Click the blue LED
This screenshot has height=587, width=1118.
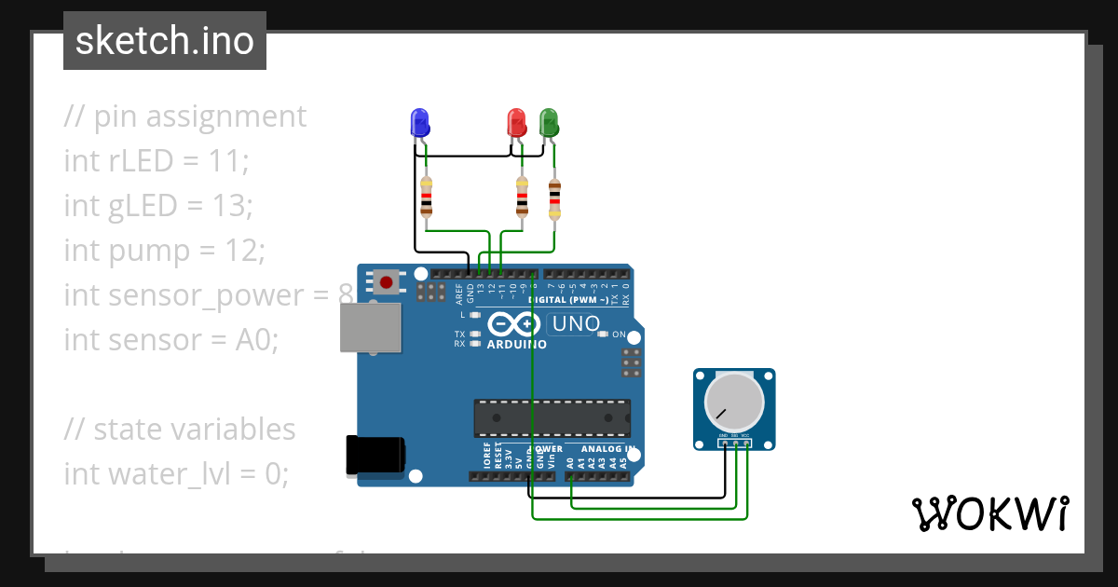420,122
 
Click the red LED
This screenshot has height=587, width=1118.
516,122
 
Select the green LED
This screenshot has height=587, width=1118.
549,122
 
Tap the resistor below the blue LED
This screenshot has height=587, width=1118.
427,197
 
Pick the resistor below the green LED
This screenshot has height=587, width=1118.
555,198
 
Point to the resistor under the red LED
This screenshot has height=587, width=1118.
522,197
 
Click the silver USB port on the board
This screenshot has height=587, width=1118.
370,327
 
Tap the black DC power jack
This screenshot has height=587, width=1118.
375,455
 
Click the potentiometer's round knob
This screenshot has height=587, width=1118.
734,401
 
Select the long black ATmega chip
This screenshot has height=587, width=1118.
552,418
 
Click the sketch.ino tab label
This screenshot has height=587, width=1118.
165,41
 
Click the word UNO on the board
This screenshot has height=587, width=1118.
579,324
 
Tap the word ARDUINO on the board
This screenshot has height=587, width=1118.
516,344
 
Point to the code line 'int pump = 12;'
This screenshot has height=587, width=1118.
165,251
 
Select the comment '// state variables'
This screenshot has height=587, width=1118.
180,430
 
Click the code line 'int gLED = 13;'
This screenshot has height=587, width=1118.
158,206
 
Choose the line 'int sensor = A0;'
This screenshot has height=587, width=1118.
171,340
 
